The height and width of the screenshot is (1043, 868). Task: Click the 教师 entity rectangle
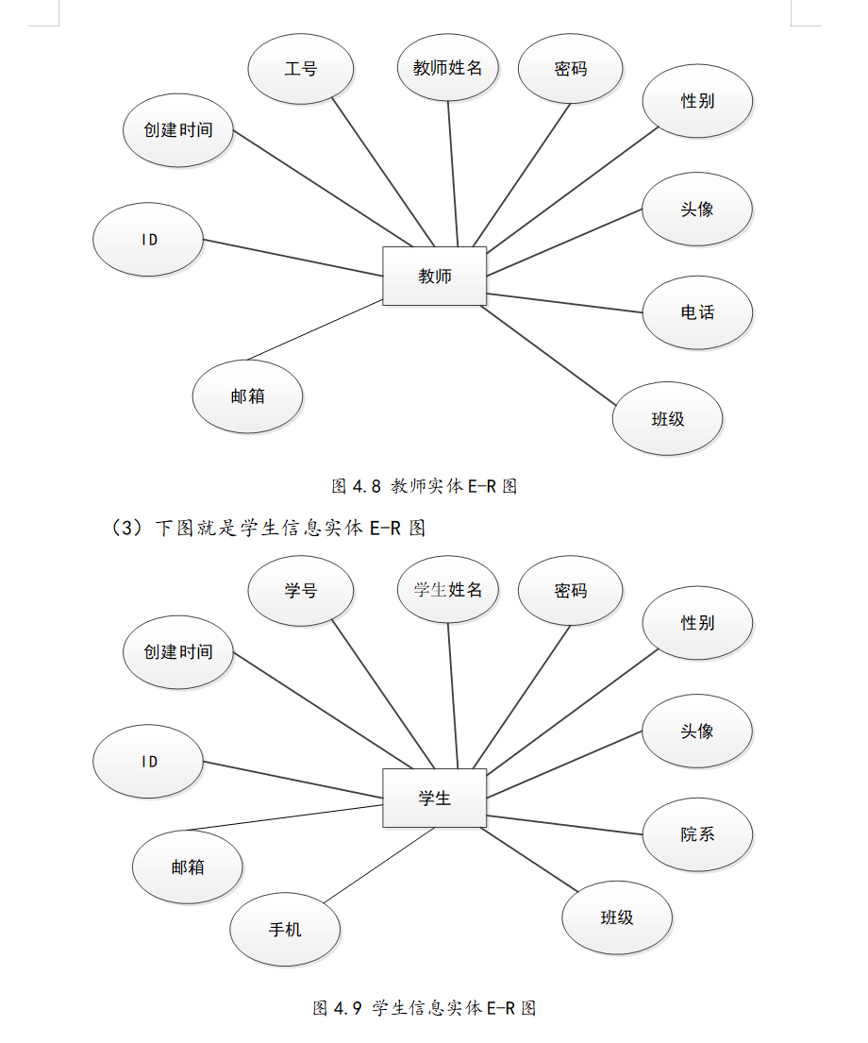coord(434,277)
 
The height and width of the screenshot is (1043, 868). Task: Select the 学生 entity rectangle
coord(434,799)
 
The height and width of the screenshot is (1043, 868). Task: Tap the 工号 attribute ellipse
coord(301,69)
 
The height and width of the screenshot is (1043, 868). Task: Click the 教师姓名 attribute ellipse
coord(448,68)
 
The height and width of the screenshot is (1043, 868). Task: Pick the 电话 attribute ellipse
coord(697,312)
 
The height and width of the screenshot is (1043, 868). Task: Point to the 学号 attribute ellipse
coord(301,591)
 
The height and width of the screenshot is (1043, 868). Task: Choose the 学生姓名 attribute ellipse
coord(448,590)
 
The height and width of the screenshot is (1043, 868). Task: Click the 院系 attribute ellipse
coord(697,834)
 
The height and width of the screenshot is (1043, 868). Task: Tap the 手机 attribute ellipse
coord(285,930)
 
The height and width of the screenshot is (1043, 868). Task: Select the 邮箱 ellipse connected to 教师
coord(247,396)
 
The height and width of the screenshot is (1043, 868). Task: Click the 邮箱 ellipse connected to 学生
coord(188,866)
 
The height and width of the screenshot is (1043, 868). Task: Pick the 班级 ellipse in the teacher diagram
coord(667,419)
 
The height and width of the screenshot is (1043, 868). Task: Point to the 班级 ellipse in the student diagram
coord(617,917)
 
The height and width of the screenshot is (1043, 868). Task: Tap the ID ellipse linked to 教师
coord(148,240)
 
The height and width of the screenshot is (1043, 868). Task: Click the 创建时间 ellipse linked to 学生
coord(178,652)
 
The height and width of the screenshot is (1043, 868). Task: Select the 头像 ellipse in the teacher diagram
coord(697,210)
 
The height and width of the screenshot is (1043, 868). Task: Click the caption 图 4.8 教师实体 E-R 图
coord(425,487)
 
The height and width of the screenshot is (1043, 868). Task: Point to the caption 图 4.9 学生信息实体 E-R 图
coord(425,1008)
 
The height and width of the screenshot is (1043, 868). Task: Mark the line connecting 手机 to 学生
coord(377,866)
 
